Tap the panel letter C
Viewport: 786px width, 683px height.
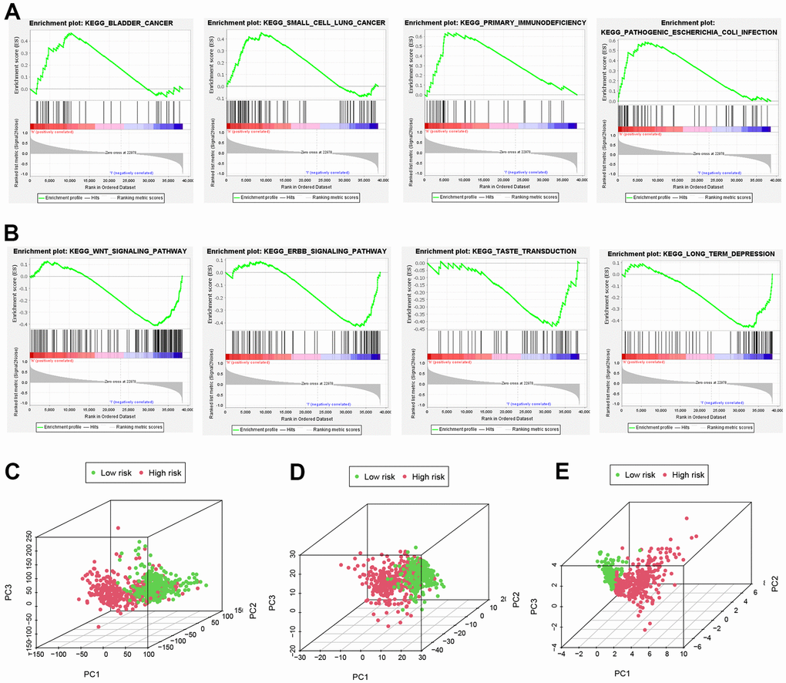click(15, 469)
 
